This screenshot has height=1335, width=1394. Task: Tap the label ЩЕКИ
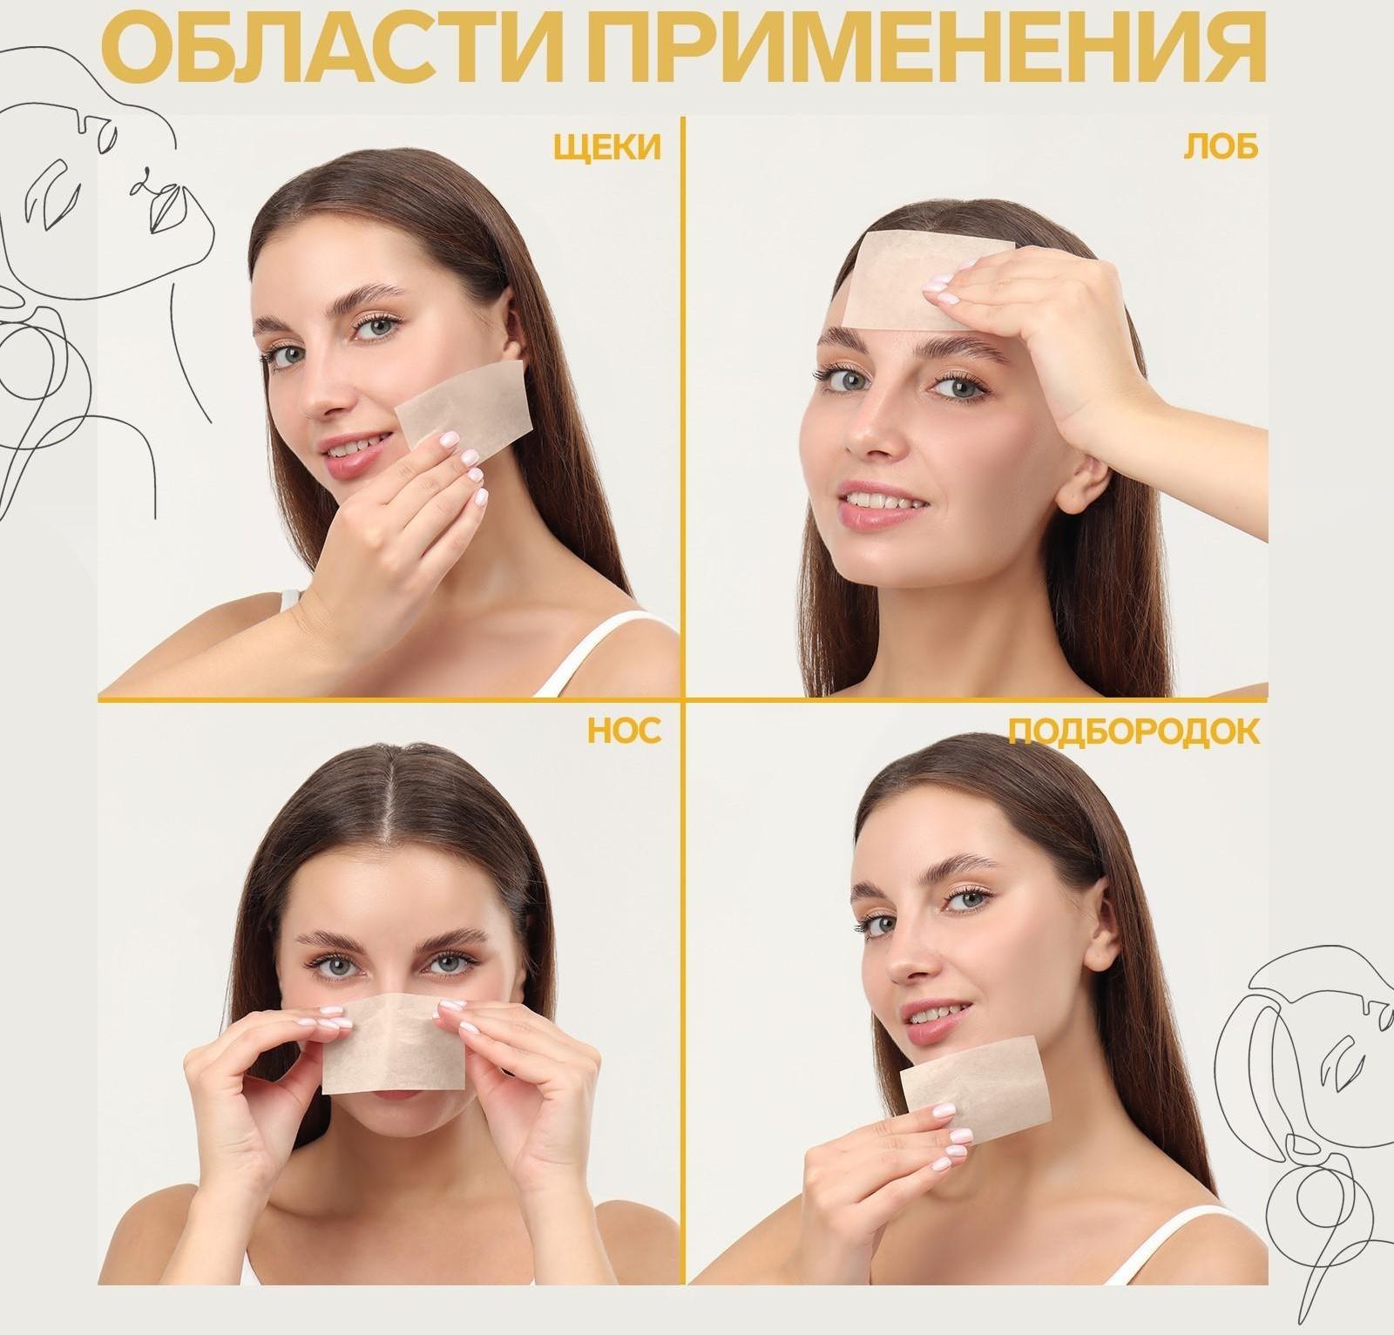coord(607,148)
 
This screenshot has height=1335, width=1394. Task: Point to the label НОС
coord(624,732)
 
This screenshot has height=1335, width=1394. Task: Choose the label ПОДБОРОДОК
coord(1133,732)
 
